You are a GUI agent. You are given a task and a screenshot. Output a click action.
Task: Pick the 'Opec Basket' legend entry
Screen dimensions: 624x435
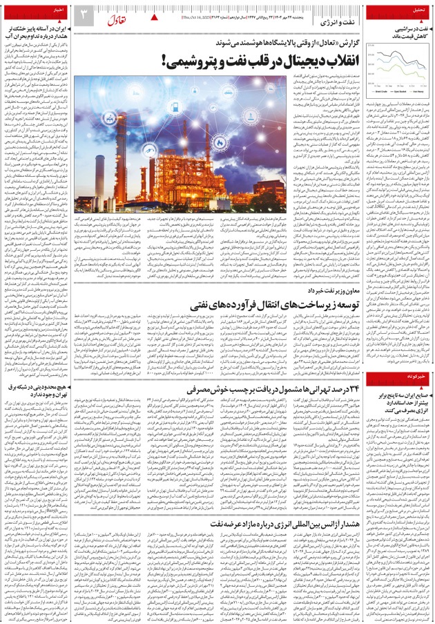click(x=403, y=91)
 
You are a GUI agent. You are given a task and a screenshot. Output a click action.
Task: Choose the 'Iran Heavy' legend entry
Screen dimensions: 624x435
click(x=420, y=91)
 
